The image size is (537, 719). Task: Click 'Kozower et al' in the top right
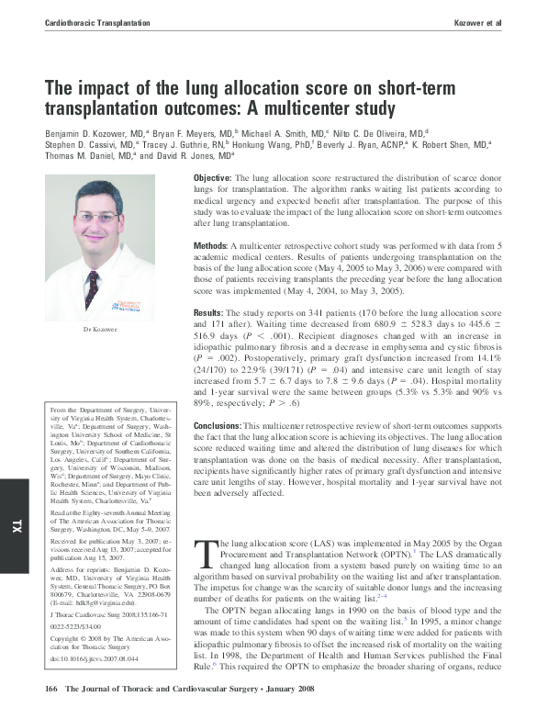tap(477, 20)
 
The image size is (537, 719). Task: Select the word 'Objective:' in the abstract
tap(213, 177)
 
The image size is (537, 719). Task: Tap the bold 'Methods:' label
tap(211, 247)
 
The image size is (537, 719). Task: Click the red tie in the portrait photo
tap(92, 288)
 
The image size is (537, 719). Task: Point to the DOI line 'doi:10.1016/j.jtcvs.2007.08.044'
tap(93, 659)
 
